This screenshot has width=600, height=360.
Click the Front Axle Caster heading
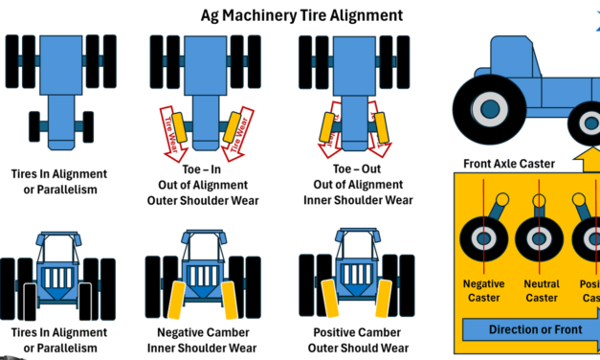pos(508,164)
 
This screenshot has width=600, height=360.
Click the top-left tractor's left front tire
pos(33,125)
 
